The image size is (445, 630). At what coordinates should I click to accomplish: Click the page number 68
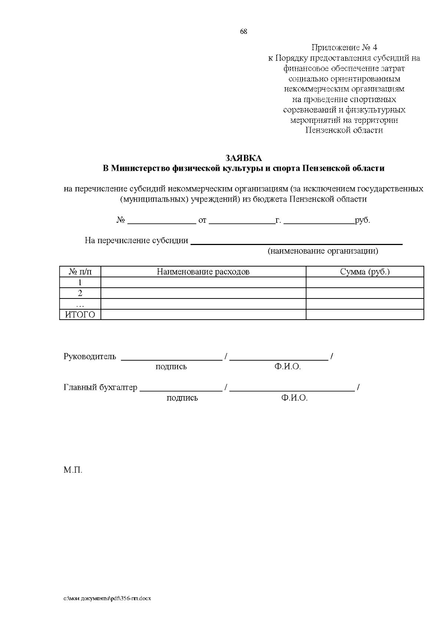[244, 32]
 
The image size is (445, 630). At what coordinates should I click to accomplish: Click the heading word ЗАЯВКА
[244, 158]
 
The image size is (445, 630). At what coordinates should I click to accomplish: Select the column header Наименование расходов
[203, 272]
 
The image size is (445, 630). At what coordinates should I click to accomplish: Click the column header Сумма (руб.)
[365, 272]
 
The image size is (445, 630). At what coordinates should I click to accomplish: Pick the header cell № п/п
[80, 272]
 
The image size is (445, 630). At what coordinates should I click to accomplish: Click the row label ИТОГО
[80, 315]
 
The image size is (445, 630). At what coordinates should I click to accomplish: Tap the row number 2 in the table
[80, 293]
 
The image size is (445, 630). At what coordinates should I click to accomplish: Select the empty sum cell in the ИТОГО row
[365, 315]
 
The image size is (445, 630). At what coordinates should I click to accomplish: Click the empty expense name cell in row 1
[203, 283]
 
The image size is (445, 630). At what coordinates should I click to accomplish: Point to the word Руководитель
[90, 357]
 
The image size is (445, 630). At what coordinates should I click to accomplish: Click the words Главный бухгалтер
[100, 388]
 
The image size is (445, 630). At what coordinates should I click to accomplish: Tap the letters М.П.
[73, 470]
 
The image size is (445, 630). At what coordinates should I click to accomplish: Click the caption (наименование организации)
[323, 251]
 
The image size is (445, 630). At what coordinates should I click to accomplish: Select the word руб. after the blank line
[362, 220]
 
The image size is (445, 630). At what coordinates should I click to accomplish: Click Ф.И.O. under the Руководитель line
[287, 367]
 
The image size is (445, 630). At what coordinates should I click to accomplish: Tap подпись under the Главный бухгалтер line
[182, 398]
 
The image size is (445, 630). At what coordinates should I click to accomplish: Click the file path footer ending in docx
[107, 598]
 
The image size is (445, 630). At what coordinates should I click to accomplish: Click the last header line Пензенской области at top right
[344, 130]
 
